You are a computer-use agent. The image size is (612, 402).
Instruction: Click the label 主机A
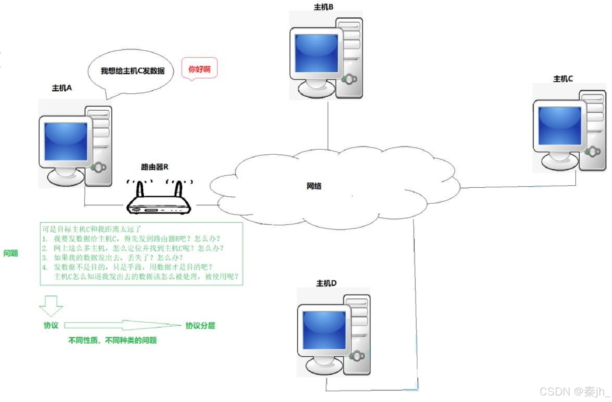tap(62, 88)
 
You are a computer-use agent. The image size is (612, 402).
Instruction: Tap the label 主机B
tap(323, 7)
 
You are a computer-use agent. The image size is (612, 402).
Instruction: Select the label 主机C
tap(563, 79)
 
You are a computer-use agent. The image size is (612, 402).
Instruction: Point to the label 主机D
tap(326, 283)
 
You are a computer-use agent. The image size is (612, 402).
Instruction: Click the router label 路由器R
tap(154, 167)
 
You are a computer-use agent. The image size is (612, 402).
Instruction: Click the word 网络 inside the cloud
tap(314, 186)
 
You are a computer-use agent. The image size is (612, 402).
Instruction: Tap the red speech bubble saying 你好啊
tap(199, 69)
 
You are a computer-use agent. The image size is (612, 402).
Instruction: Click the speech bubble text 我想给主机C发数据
tap(133, 71)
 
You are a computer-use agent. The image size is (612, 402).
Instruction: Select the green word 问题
tap(11, 253)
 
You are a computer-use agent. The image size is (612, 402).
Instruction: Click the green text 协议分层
tap(200, 326)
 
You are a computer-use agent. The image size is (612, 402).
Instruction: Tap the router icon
tap(159, 199)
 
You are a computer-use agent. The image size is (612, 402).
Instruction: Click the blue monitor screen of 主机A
tap(66, 142)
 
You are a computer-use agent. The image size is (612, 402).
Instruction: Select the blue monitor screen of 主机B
tap(316, 53)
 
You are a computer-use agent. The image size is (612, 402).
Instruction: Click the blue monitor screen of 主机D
tap(324, 330)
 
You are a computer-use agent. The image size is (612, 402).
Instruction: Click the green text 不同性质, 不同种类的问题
tap(112, 340)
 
